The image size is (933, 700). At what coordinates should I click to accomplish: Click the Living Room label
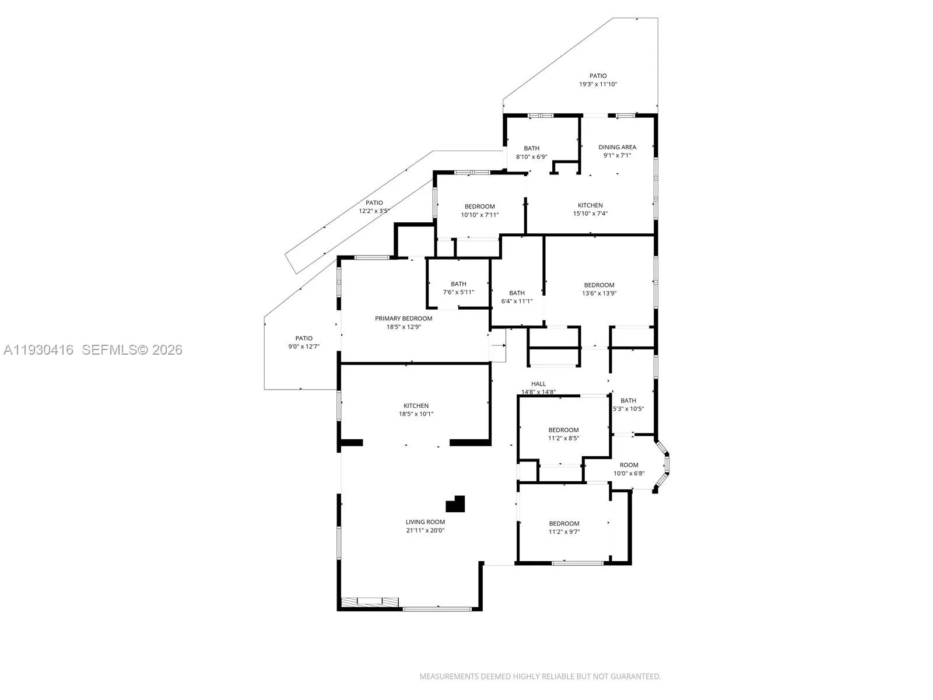pos(425,522)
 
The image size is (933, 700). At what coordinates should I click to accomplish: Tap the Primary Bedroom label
pos(404,318)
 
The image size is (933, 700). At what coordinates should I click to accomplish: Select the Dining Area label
pos(617,147)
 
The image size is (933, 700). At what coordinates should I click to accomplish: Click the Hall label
pos(538,384)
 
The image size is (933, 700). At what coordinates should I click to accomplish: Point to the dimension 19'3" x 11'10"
pos(598,84)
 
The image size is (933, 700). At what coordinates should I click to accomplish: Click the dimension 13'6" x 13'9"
pos(599,293)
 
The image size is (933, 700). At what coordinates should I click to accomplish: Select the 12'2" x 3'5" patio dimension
pos(374,211)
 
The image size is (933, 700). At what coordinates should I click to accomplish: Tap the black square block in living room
pos(456,504)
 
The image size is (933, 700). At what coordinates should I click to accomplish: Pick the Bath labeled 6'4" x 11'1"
pos(517,293)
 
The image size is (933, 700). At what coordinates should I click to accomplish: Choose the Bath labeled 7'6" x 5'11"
pos(458,284)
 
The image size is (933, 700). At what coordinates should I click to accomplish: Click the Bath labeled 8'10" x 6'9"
pos(531,148)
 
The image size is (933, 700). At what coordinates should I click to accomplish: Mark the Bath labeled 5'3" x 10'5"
pos(628,400)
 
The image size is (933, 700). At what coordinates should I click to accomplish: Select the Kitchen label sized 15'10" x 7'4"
pos(590,205)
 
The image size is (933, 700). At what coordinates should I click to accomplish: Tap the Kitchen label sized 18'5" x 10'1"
pos(416,405)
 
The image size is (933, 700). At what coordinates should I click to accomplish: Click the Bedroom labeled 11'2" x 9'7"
pos(564,523)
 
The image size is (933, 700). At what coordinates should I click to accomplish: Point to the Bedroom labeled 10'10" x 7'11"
pos(479,206)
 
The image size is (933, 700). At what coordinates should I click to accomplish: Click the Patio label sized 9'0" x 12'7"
pos(304,338)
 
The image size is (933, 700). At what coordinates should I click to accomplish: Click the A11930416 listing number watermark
pos(38,350)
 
